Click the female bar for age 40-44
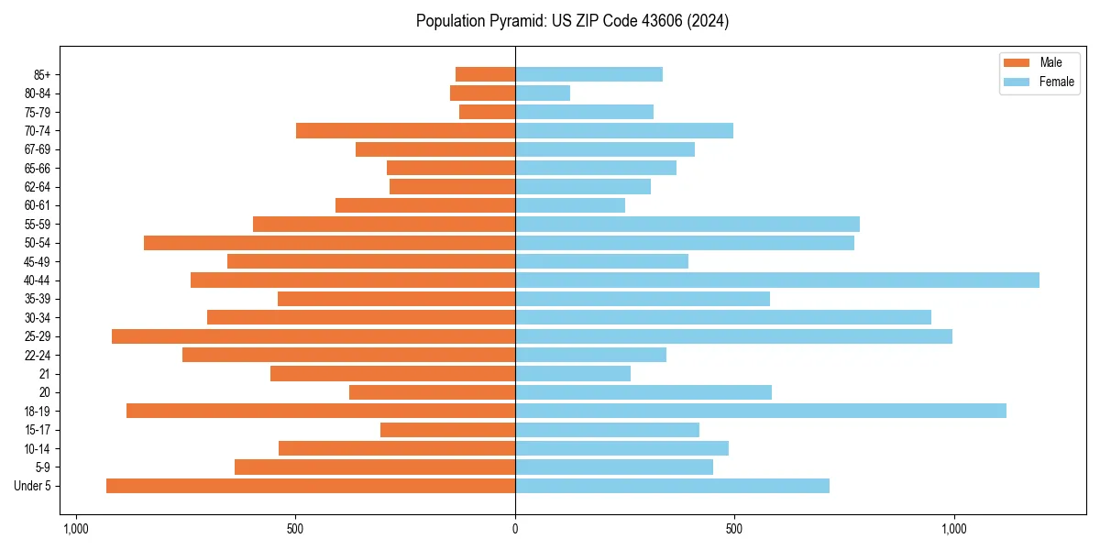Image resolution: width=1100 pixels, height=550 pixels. (x=777, y=280)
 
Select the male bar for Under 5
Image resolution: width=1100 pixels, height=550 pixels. (x=311, y=486)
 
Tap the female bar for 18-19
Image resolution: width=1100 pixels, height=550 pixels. (x=761, y=411)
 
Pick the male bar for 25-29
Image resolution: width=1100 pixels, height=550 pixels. (x=313, y=336)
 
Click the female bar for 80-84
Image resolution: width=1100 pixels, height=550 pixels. (x=543, y=93)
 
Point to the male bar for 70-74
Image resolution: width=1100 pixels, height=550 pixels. (x=405, y=130)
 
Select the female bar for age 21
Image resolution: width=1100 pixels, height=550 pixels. (x=573, y=373)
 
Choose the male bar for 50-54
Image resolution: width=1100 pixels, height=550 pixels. (x=329, y=243)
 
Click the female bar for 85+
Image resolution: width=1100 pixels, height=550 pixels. (x=588, y=74)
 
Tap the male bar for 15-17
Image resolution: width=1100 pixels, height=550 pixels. (x=447, y=430)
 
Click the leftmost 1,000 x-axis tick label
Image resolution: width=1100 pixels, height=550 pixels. (x=75, y=530)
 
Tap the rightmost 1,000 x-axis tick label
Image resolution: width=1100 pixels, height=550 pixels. (x=954, y=530)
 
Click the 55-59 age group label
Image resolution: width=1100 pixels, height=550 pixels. (x=37, y=224)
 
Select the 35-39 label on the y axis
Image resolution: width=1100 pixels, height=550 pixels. (x=37, y=299)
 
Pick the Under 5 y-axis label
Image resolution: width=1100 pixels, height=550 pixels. (x=33, y=486)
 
